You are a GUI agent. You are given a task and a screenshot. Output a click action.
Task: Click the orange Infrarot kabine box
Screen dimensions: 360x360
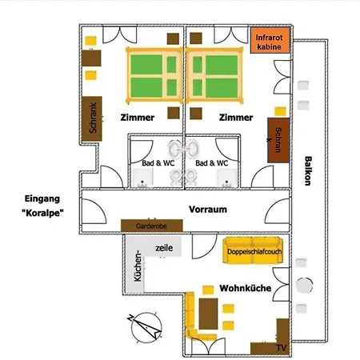[x=270, y=40]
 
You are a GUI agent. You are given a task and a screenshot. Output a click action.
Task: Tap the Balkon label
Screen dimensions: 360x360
[x=308, y=170]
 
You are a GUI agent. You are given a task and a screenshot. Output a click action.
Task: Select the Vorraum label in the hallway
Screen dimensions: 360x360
[x=208, y=210]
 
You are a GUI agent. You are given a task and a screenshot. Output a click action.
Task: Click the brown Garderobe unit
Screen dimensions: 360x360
[x=152, y=226]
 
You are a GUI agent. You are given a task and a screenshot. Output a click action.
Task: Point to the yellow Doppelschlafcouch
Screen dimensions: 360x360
[x=253, y=250]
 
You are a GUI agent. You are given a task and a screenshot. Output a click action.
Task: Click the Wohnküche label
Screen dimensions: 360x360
[x=246, y=288]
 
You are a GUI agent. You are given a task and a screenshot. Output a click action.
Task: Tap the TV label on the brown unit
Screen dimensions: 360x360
[x=281, y=348]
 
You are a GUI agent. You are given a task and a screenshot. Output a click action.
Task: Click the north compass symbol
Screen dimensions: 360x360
[x=146, y=327]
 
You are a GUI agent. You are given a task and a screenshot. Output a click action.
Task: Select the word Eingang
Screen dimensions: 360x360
[x=42, y=199]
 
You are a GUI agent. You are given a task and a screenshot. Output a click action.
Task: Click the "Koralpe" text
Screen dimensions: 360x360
[x=42, y=213]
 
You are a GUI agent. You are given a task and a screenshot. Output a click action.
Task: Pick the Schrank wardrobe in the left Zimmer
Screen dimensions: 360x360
[x=92, y=118]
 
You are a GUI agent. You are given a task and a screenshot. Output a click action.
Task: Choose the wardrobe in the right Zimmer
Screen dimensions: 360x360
[x=278, y=140]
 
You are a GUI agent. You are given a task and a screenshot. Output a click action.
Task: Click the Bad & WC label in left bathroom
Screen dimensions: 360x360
[x=158, y=163]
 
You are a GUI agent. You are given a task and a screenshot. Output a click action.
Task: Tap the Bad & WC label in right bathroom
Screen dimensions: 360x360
[x=212, y=163]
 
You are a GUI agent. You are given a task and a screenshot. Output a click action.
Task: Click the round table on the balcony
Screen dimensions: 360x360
[x=304, y=286]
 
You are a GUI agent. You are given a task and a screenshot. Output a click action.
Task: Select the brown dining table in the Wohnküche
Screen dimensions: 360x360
[x=208, y=314]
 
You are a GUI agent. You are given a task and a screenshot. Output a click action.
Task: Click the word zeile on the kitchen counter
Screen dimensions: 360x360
[x=164, y=248]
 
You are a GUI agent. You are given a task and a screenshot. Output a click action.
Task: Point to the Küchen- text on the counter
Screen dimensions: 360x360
[x=138, y=266]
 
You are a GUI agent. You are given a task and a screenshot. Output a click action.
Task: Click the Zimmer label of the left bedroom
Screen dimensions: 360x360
[x=138, y=118]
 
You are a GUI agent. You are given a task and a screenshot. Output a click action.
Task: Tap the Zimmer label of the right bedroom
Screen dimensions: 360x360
[x=236, y=118]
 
